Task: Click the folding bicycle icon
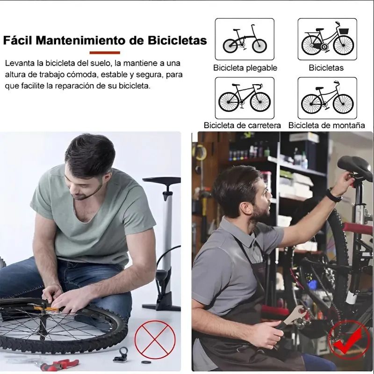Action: pyautogui.click(x=245, y=39)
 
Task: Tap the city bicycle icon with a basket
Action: pyautogui.click(x=327, y=39)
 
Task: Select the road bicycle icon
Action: pyautogui.click(x=245, y=98)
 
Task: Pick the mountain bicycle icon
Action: pyautogui.click(x=327, y=98)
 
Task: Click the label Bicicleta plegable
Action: pyautogui.click(x=245, y=68)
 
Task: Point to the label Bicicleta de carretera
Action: pyautogui.click(x=242, y=125)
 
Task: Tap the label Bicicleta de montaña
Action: pyautogui.click(x=326, y=125)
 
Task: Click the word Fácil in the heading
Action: pyautogui.click(x=18, y=40)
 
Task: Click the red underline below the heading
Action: pyautogui.click(x=105, y=52)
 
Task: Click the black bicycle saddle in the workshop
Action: pyautogui.click(x=355, y=166)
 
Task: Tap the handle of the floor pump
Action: pyautogui.click(x=161, y=180)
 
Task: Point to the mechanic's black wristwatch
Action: pyautogui.click(x=333, y=196)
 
